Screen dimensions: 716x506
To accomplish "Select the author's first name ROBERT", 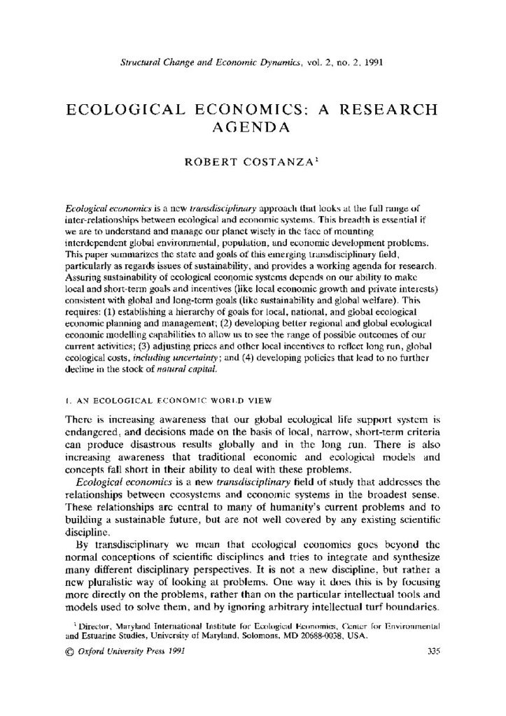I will pos(213,162).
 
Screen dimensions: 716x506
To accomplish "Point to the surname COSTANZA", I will pos(283,162).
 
